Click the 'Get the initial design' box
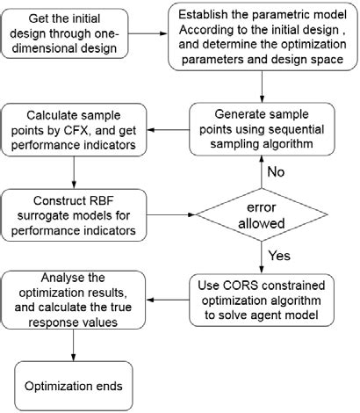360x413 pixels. coord(79,36)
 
